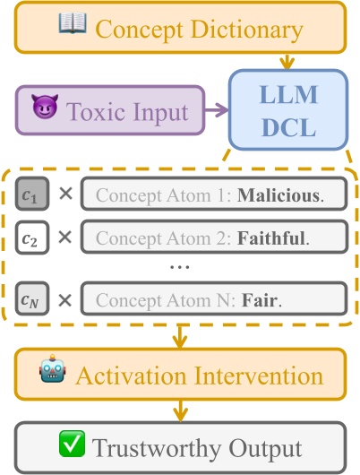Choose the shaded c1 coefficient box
coord(30,194)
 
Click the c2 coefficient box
coord(30,238)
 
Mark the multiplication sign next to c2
coord(64,238)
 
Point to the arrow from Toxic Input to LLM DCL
coord(215,112)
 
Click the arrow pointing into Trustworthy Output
coord(180,414)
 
